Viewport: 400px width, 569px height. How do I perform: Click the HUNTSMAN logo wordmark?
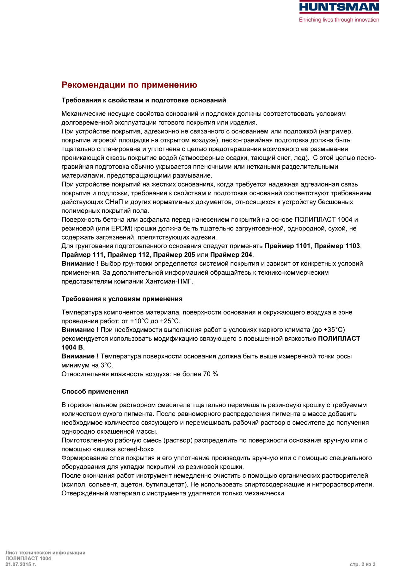tap(339, 7)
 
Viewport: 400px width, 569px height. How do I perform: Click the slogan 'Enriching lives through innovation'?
tap(339, 20)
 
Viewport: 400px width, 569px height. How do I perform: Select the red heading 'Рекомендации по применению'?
tap(129, 85)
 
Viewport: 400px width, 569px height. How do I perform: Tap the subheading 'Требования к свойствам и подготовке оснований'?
tap(144, 101)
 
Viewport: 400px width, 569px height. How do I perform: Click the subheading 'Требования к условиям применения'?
tap(122, 299)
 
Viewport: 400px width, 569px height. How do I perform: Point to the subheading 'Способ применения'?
tap(95, 392)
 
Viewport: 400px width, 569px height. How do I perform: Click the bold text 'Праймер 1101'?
tap(287, 246)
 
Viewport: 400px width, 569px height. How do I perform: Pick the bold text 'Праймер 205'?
tap(174, 255)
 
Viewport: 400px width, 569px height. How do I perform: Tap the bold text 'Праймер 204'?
tap(231, 255)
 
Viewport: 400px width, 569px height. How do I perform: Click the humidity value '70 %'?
tap(210, 374)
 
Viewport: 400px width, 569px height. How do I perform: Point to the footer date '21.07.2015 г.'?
tap(21, 564)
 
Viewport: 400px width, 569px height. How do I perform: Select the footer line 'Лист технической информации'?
tap(45, 553)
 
